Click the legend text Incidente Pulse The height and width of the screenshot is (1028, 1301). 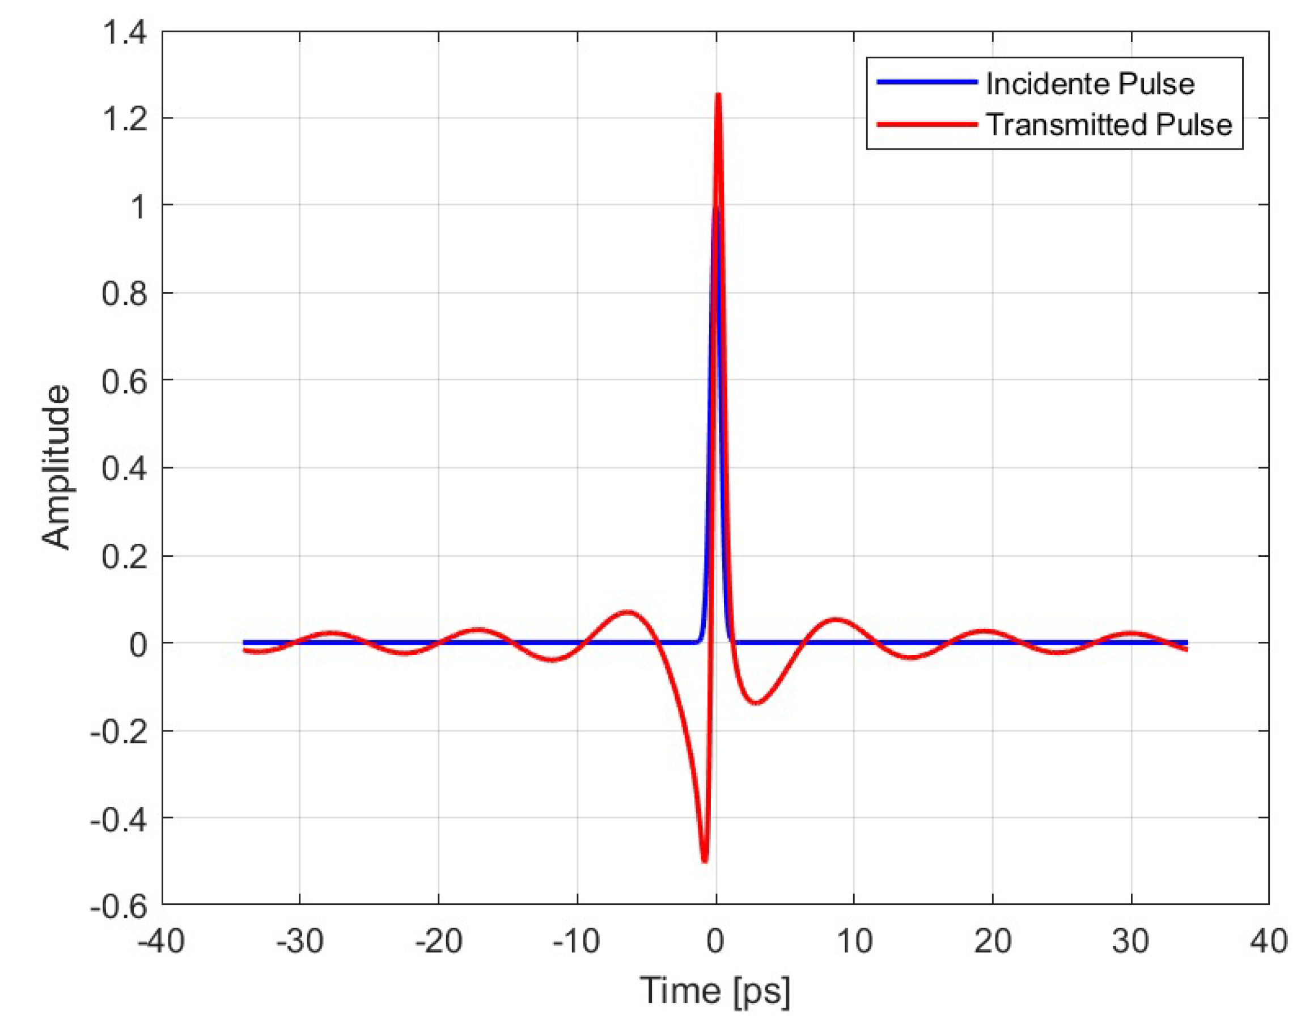point(1089,84)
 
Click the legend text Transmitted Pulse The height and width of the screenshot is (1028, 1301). point(1108,125)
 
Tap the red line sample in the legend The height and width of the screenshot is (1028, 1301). point(926,125)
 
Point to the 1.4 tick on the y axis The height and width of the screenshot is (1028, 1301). point(125,32)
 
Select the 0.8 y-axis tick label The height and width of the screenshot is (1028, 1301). point(124,294)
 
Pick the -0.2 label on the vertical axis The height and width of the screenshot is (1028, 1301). point(119,732)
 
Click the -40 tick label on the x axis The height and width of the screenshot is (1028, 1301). point(161,941)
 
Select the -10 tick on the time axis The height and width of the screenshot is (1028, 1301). point(577,941)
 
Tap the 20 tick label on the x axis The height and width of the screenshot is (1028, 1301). point(992,941)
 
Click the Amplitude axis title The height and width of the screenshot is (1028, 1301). point(56,468)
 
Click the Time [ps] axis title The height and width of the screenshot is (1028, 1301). point(714,991)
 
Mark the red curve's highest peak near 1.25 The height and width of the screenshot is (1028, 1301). point(718,95)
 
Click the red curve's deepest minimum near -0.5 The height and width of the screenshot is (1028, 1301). point(705,861)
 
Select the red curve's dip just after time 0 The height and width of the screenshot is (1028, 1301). point(756,703)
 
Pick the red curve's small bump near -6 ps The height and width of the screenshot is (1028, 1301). point(628,613)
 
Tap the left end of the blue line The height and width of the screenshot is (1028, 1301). point(244,643)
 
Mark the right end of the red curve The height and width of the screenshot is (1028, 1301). point(1186,649)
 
